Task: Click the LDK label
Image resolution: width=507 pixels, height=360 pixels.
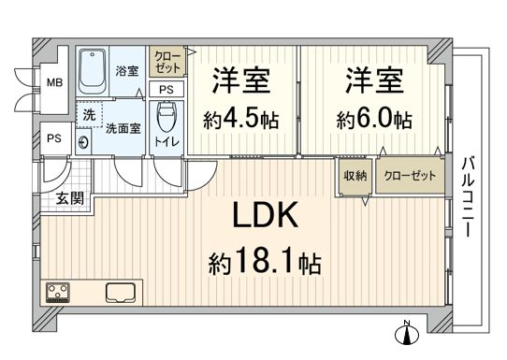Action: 266,218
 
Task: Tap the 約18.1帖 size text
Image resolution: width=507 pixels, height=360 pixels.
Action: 265,263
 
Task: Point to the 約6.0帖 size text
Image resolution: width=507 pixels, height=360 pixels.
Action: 374,119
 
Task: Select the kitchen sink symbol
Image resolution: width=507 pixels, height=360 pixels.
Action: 123,292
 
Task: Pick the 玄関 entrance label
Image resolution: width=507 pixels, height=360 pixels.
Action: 68,197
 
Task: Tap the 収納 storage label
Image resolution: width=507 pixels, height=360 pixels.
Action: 354,175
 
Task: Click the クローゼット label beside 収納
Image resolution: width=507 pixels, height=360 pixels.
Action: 410,175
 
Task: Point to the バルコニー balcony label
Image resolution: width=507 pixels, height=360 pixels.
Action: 467,197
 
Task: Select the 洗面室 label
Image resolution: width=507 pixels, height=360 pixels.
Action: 123,129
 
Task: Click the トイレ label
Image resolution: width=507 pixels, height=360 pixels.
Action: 168,141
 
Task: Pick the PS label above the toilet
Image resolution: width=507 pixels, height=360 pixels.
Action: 166,90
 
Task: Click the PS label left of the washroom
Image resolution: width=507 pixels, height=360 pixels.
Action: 55,138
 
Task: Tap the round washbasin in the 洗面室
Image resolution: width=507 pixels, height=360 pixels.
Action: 85,143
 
